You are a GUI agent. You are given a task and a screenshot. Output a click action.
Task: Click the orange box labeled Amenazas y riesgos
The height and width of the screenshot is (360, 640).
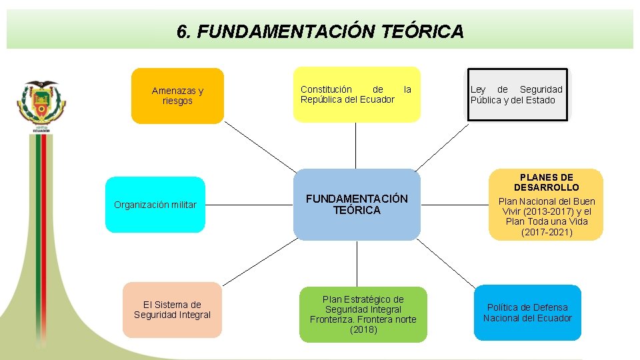[x=177, y=96]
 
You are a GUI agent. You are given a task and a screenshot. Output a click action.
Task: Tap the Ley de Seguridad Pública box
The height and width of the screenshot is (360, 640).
[x=517, y=94]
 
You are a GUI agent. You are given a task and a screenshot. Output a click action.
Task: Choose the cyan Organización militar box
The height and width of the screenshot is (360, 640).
[x=155, y=205]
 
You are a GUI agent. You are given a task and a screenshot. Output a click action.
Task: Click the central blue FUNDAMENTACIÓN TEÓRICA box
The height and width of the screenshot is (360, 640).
[x=357, y=205]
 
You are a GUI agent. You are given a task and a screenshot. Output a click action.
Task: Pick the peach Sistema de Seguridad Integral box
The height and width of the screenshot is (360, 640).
[x=172, y=310]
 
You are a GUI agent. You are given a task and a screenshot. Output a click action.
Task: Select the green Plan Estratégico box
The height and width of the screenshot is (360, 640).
[x=363, y=315]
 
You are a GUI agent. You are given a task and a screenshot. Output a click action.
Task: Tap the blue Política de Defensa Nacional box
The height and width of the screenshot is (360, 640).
[x=527, y=313]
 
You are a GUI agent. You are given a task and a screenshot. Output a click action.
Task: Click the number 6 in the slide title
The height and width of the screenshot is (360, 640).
[x=182, y=31]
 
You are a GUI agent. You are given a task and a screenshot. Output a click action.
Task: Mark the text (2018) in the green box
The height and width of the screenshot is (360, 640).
[x=363, y=330]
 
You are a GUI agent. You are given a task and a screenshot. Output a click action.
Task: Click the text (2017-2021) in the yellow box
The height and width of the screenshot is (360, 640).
[x=546, y=233]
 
